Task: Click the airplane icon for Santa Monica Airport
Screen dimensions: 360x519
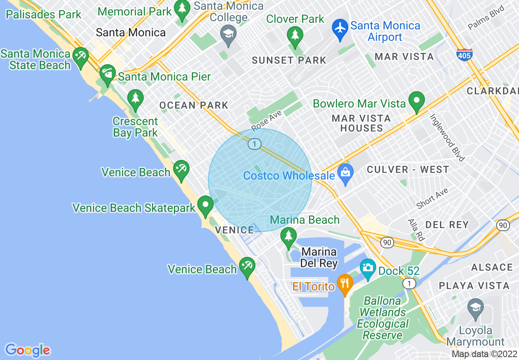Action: (339, 29)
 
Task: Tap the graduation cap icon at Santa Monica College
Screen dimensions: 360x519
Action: (228, 34)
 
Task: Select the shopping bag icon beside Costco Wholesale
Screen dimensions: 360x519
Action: (346, 173)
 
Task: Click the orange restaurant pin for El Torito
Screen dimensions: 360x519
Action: (345, 283)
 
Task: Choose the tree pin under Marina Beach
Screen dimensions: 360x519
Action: (289, 236)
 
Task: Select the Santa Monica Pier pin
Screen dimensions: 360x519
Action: (108, 74)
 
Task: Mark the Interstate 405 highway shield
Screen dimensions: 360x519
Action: (464, 55)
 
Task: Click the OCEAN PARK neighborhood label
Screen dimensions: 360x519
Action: (194, 105)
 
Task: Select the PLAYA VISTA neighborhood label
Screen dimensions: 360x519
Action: (474, 286)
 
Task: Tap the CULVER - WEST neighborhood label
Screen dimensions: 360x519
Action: (408, 169)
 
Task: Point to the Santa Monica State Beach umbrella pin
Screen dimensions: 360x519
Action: (80, 56)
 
